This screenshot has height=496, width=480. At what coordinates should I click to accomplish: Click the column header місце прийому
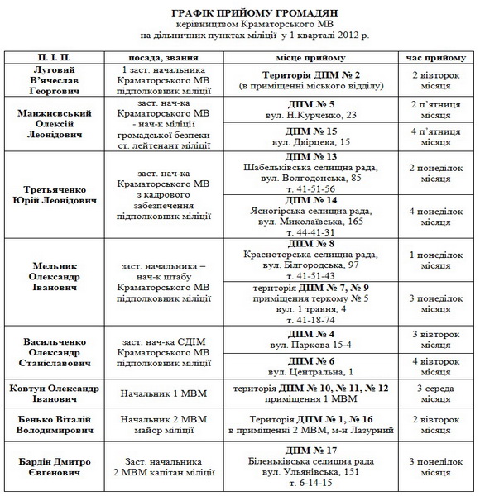click(x=312, y=58)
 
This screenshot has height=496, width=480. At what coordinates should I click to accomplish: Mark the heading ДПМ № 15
click(x=312, y=131)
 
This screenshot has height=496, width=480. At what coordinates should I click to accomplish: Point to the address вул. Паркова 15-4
click(x=312, y=344)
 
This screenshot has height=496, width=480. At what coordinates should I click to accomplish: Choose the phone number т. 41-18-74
click(x=312, y=318)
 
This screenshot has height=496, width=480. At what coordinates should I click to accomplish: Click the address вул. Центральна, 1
click(x=312, y=372)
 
